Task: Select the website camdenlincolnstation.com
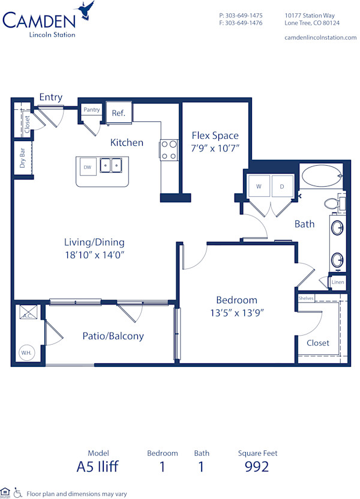click(320, 37)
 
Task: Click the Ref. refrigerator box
click(118, 113)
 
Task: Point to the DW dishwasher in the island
click(88, 167)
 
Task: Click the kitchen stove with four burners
click(169, 150)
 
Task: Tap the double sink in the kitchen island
click(111, 165)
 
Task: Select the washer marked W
click(259, 186)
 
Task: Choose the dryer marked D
click(282, 186)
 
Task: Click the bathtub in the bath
click(321, 177)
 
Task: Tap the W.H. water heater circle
click(26, 352)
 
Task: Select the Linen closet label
click(338, 282)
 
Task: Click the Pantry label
click(92, 110)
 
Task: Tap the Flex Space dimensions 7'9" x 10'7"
click(215, 148)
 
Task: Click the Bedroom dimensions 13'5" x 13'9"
click(236, 312)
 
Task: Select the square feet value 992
click(257, 467)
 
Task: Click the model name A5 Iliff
click(98, 467)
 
